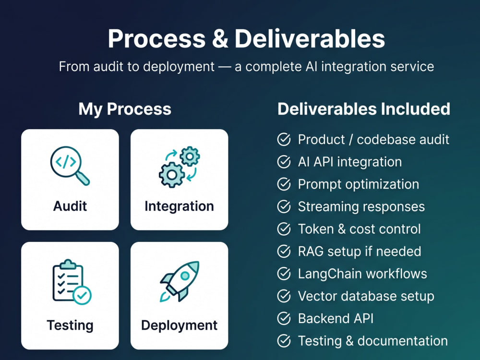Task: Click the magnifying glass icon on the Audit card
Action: [x=70, y=166]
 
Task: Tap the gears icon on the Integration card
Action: [x=180, y=167]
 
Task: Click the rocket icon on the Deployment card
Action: [x=180, y=281]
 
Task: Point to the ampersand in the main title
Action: [x=220, y=39]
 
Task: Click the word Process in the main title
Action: [x=157, y=39]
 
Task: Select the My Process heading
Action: [x=125, y=109]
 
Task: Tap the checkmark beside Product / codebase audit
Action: [x=284, y=140]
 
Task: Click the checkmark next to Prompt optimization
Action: [x=284, y=184]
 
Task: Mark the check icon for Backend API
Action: [x=284, y=318]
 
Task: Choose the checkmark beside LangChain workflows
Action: [x=284, y=274]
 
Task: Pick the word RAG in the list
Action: [x=311, y=252]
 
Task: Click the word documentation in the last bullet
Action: [x=403, y=341]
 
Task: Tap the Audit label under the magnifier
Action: [x=70, y=206]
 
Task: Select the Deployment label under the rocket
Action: [x=180, y=325]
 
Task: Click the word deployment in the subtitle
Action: [x=179, y=67]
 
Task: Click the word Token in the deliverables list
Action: [x=316, y=229]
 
